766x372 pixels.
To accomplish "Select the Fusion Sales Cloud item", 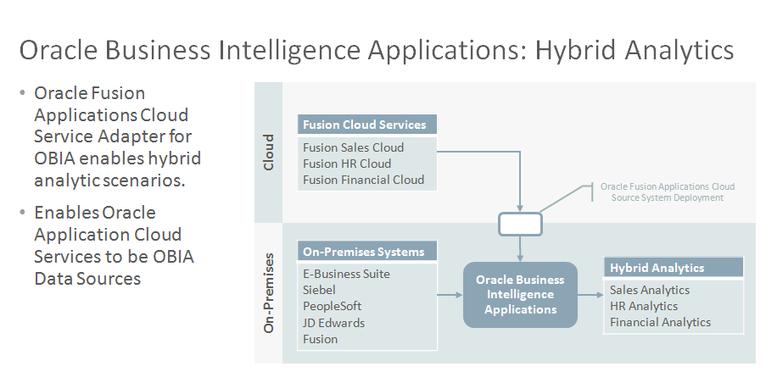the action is tap(353, 147).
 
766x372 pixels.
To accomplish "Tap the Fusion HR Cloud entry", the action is tap(347, 164).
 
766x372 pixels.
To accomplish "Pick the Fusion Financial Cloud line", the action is tap(363, 180).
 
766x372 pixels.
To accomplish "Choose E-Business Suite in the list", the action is tap(346, 274).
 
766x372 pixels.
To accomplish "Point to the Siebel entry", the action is tap(319, 290).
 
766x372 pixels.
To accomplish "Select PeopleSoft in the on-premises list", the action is tap(333, 306).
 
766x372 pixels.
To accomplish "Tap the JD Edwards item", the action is tap(333, 323).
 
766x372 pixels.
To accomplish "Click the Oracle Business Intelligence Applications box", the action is tap(520, 294).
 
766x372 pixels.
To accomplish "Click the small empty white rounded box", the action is tap(520, 224).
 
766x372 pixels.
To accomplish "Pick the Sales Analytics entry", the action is tap(650, 290).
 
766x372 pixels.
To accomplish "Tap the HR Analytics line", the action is tap(644, 306).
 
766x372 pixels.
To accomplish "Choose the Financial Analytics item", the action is tap(661, 322).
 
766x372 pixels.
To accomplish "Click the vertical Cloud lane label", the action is tap(269, 153).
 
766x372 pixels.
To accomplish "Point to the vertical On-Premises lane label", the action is tap(269, 293).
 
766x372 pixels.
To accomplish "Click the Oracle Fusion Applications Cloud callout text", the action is tap(668, 192).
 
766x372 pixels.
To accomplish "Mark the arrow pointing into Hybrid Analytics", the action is tap(590, 295).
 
